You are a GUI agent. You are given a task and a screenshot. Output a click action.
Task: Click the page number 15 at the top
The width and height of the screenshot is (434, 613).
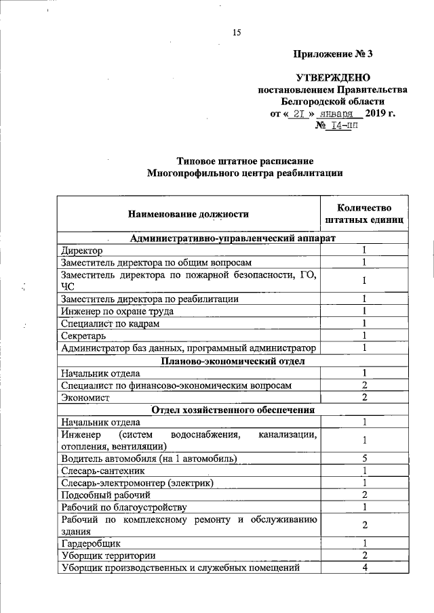tap(237, 32)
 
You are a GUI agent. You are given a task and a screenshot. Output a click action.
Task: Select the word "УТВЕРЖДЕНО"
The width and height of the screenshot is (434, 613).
tap(332, 79)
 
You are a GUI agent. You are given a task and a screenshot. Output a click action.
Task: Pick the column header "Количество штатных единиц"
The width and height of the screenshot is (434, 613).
tap(364, 214)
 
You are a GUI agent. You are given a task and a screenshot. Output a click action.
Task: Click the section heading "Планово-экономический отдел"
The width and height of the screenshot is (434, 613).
tap(233, 361)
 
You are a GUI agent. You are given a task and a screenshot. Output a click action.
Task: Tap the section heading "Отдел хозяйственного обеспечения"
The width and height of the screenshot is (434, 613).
tap(233, 410)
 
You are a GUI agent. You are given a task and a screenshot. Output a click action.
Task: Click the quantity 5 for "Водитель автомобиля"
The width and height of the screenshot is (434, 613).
tap(364, 459)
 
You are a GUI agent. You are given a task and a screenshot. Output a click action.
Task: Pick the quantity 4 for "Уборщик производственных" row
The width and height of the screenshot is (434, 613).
tap(364, 568)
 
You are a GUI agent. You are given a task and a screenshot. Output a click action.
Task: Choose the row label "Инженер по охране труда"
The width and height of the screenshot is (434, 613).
tap(117, 311)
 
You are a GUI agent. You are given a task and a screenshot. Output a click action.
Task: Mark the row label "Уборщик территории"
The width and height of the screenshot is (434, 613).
tap(102, 555)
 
